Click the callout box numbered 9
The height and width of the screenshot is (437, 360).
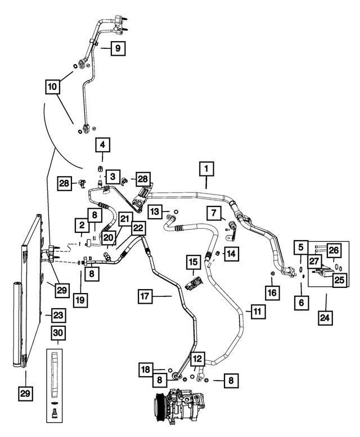click(118, 48)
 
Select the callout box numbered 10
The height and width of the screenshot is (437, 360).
click(52, 87)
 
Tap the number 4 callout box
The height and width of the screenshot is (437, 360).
click(102, 145)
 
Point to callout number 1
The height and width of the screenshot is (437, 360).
click(206, 169)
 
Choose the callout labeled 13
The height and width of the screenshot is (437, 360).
click(155, 212)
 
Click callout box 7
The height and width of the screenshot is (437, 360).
click(214, 214)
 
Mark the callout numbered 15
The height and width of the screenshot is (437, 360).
click(193, 262)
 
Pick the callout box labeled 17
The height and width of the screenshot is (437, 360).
click(145, 296)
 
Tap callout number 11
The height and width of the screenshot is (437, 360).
click(258, 312)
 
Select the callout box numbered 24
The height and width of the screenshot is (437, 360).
click(325, 318)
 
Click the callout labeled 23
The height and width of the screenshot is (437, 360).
click(59, 316)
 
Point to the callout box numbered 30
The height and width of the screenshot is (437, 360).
click(58, 333)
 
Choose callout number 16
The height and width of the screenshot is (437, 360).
click(272, 292)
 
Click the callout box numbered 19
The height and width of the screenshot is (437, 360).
click(80, 300)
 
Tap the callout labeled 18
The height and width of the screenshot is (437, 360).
click(146, 370)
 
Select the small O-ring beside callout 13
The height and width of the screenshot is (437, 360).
click(176, 212)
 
